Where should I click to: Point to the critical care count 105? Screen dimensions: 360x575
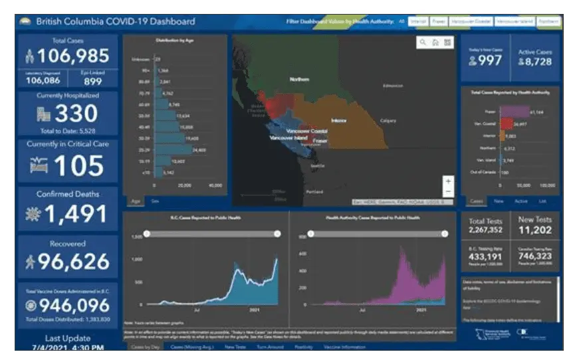point(78,165)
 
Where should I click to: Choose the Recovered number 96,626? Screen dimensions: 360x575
point(72,262)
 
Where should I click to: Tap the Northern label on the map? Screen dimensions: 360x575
point(299,79)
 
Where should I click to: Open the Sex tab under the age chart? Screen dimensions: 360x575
point(155,199)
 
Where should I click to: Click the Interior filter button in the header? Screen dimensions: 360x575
point(419,21)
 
